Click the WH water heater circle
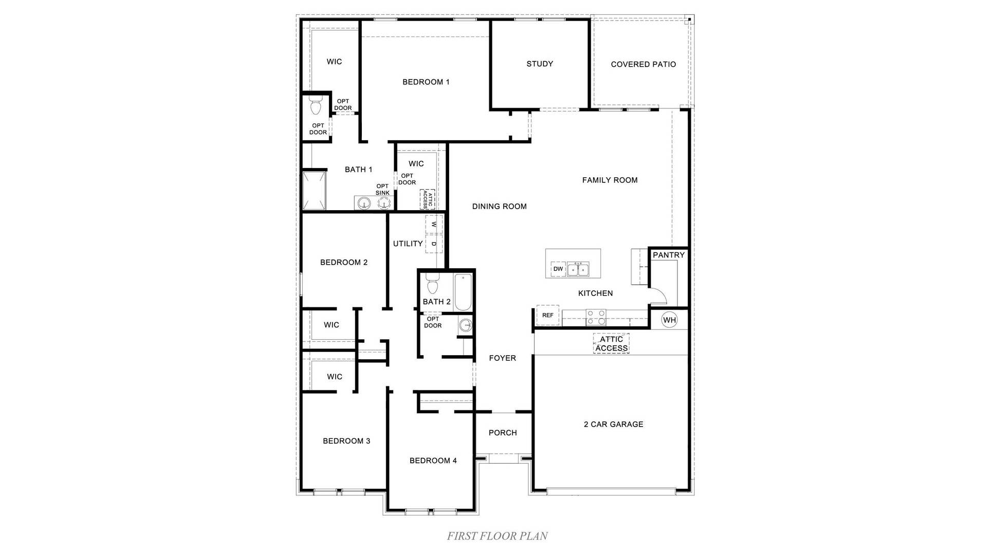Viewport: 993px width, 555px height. point(669,320)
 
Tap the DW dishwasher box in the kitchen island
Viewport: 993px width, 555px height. point(558,269)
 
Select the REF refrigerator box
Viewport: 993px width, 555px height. point(547,315)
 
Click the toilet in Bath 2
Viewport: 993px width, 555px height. point(432,284)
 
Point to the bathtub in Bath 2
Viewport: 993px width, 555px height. point(463,292)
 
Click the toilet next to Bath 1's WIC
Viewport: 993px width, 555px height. point(316,107)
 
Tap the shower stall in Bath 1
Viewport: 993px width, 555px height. point(314,191)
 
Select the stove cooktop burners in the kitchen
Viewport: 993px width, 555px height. point(596,317)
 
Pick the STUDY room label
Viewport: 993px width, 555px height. point(540,64)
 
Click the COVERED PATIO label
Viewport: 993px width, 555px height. point(643,64)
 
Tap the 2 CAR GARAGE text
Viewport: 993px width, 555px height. point(613,424)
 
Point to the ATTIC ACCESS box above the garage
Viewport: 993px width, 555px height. point(611,344)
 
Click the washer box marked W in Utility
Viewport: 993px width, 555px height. point(434,225)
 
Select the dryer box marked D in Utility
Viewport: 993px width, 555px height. point(434,244)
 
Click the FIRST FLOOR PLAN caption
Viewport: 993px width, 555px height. point(497,536)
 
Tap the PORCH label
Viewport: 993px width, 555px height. point(503,433)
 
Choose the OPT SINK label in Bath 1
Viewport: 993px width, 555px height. point(382,190)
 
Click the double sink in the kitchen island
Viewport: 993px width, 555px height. point(578,269)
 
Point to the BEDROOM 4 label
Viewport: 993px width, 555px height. point(433,460)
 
